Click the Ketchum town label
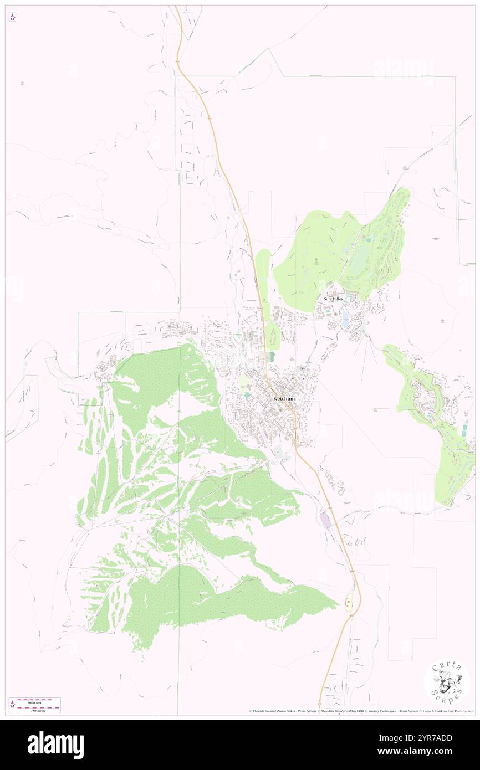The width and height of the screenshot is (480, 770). point(284,399)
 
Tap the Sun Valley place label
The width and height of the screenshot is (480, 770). point(334,299)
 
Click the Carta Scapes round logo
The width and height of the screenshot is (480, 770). point(447,683)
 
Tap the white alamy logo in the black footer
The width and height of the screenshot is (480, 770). point(55,745)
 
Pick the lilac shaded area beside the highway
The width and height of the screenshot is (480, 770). point(324,520)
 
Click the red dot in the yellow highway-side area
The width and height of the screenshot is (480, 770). point(349,600)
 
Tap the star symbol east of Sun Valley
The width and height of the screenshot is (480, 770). point(442,321)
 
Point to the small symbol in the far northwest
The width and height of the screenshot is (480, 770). point(22,83)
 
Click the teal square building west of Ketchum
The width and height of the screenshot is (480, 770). point(246,394)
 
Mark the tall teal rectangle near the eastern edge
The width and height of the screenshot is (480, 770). point(464,429)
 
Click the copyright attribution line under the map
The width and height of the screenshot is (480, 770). point(360,711)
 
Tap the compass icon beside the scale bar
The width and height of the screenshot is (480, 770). point(12,705)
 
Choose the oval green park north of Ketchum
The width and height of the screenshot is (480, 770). point(272,335)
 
